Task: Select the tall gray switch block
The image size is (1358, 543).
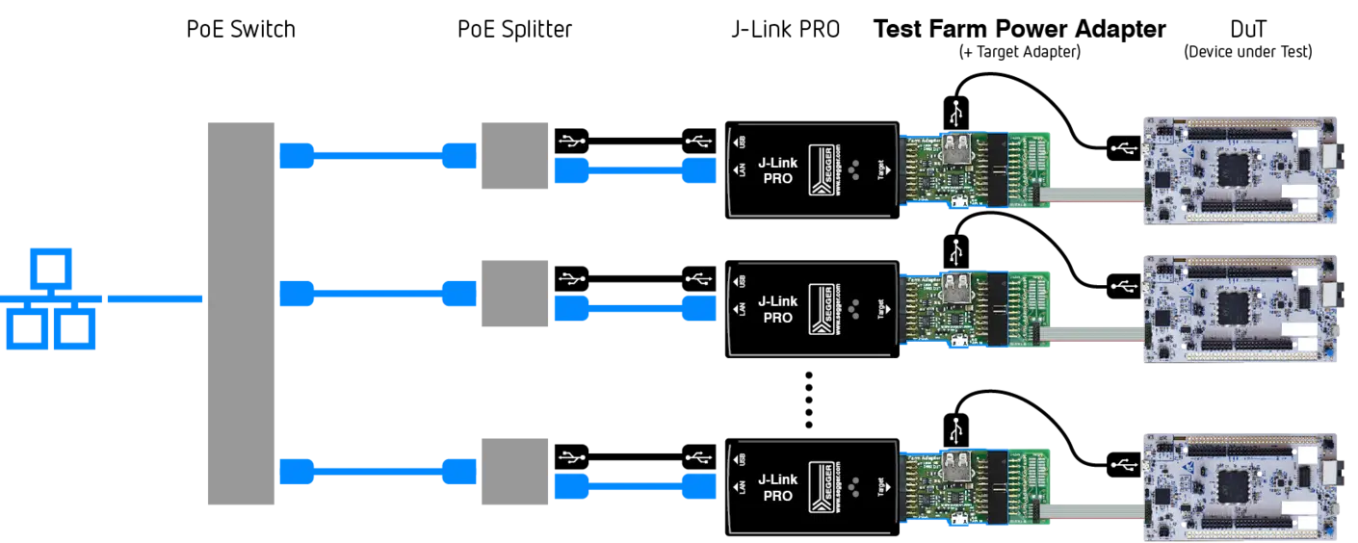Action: click(238, 311)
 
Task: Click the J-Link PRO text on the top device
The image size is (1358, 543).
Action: click(777, 170)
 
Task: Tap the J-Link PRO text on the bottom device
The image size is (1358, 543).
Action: click(777, 487)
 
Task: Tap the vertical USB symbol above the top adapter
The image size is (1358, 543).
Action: click(955, 113)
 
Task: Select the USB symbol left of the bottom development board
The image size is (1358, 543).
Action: click(1122, 464)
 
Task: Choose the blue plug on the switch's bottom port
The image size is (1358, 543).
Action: click(296, 471)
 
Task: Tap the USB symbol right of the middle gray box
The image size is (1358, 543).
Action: click(573, 279)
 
